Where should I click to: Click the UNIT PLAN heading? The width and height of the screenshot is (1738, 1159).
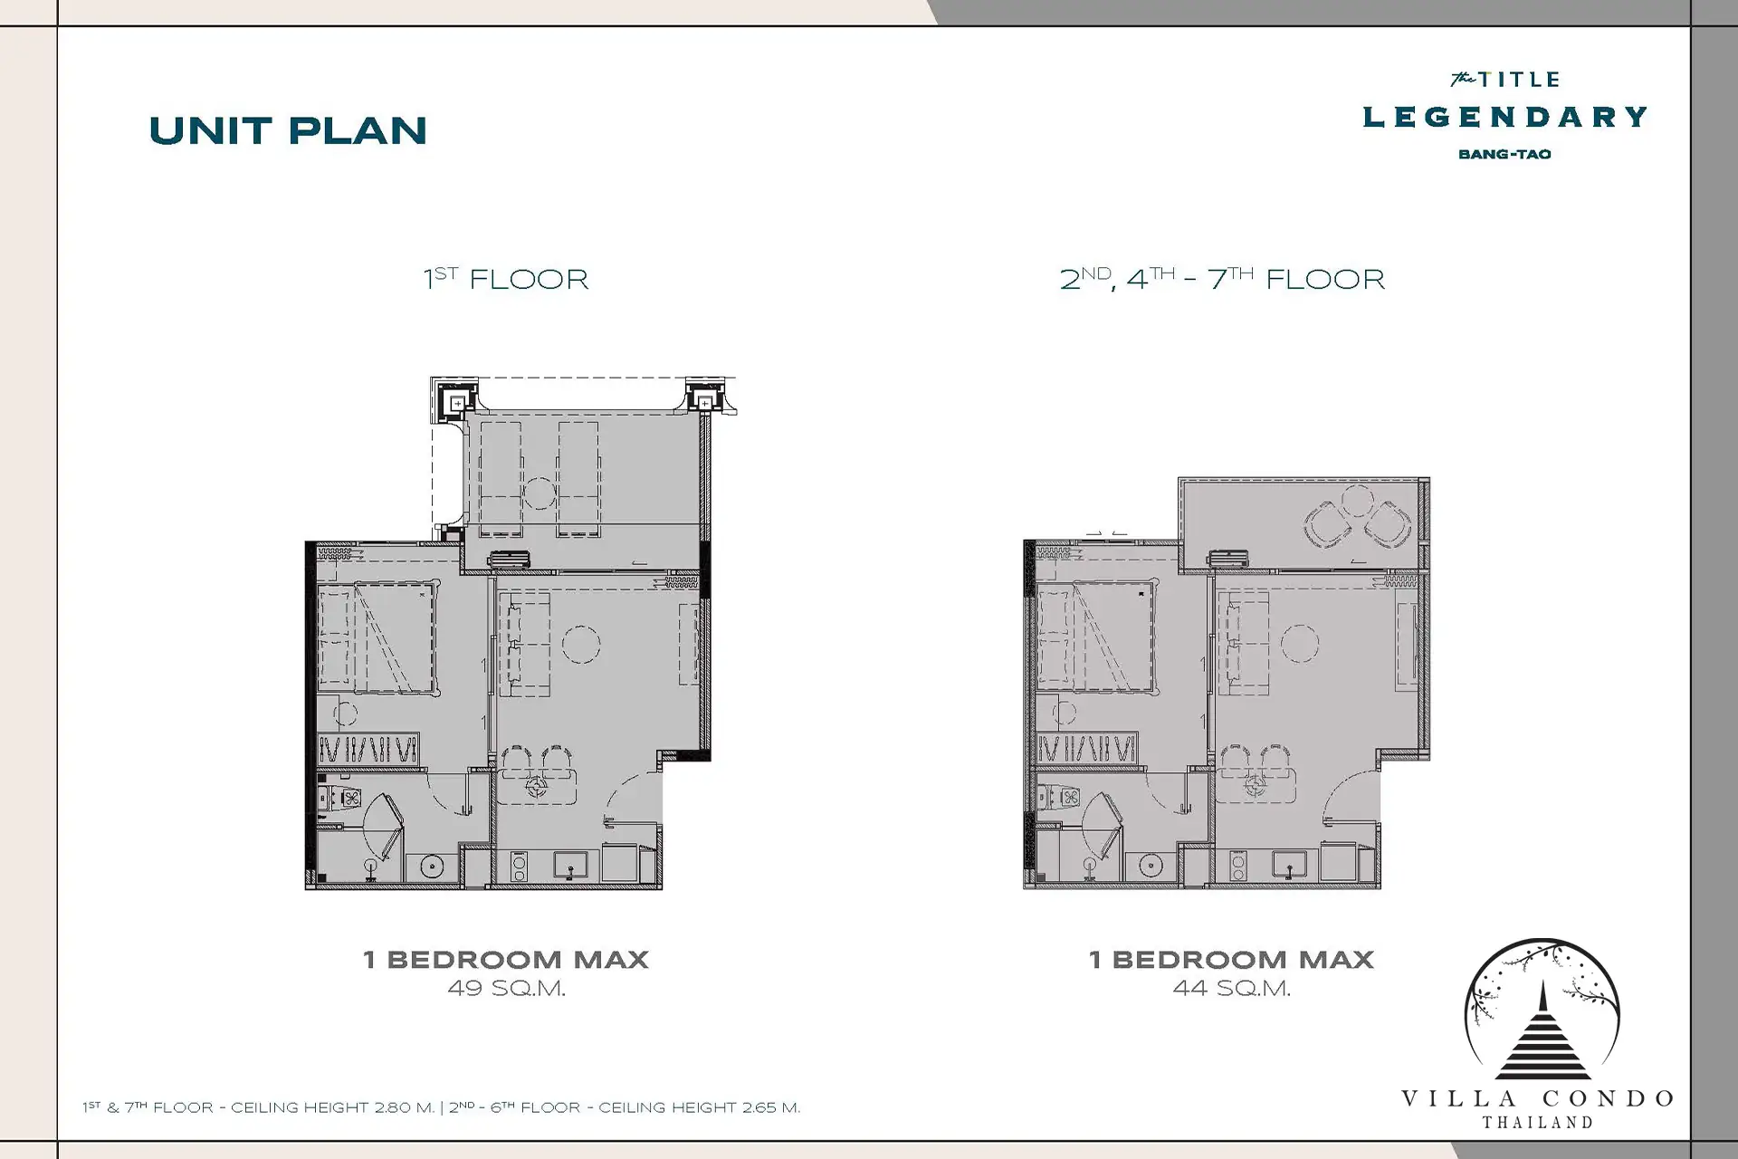tap(288, 131)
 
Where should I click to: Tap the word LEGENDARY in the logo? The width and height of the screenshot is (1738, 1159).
tap(1504, 117)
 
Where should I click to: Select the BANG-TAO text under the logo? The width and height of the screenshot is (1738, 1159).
tap(1504, 154)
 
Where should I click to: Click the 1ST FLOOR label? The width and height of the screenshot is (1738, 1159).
tap(506, 278)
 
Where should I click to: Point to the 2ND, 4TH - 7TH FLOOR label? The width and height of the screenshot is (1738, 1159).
tap(1222, 278)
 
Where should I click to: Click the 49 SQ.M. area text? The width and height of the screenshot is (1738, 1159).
tap(506, 989)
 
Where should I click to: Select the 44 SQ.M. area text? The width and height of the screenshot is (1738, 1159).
tap(1231, 989)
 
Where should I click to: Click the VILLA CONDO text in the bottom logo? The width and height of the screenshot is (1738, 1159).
tap(1537, 1099)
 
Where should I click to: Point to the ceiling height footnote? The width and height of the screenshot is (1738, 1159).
tap(441, 1107)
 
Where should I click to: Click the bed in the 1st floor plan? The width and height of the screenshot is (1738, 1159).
tap(377, 637)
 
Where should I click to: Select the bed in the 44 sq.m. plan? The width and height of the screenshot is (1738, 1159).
tap(1096, 637)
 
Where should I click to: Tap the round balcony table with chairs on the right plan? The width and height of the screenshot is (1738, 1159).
tap(1356, 516)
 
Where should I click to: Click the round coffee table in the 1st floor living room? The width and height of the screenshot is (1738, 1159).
tap(581, 644)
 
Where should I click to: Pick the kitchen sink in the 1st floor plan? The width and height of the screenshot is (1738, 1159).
tap(570, 866)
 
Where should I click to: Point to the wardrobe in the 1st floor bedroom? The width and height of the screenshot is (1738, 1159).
tap(368, 749)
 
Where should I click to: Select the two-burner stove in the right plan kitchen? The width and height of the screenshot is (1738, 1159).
tap(1237, 866)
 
